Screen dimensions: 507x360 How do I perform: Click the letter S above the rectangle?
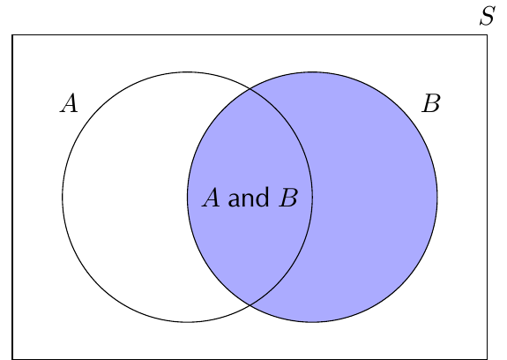(x=488, y=16)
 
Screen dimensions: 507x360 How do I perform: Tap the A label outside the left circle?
(x=69, y=103)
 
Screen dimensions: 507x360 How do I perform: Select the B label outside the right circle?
(x=431, y=103)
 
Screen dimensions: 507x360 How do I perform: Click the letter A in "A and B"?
(x=211, y=198)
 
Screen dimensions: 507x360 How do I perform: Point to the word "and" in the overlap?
(x=249, y=197)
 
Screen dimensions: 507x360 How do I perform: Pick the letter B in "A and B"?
(x=288, y=198)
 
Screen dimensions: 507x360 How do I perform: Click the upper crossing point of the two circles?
(x=250, y=88)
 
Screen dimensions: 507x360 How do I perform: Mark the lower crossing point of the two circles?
(x=250, y=305)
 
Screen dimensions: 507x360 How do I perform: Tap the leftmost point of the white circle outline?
(x=63, y=197)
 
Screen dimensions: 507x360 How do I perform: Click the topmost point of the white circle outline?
(x=188, y=72)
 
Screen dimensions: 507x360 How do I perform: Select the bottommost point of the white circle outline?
(x=188, y=322)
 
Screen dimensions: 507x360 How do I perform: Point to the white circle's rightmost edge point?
(x=312, y=197)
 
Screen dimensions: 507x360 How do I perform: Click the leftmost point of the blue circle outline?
(x=188, y=197)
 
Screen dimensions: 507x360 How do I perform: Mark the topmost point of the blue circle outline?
(x=312, y=72)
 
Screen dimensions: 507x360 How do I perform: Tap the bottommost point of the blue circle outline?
(x=312, y=322)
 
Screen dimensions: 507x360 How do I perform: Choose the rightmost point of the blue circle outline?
(x=437, y=197)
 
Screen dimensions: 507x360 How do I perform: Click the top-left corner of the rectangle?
(x=12, y=34)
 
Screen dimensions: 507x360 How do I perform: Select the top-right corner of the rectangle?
(x=487, y=34)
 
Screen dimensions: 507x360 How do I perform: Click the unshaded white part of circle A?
(x=126, y=197)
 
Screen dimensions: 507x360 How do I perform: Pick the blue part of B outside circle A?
(x=375, y=197)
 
